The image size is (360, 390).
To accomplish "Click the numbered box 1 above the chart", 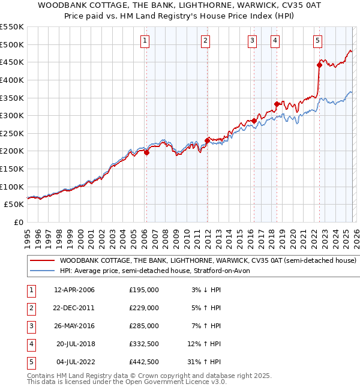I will pos(146,41).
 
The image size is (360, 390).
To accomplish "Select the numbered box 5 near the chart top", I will pos(317,41).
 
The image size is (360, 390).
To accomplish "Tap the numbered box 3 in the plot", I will pos(252,41).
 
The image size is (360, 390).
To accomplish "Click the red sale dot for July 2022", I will pos(319,65).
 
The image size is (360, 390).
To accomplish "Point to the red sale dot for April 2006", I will pos(146,152).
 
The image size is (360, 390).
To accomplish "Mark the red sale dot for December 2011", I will pos(207,140).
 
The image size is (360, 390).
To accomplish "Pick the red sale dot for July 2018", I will pos(277,104).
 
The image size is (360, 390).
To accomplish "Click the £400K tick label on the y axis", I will pos(12,80).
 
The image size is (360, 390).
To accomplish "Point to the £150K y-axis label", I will pos(12,169).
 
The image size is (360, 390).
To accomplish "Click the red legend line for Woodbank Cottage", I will pos(42,261).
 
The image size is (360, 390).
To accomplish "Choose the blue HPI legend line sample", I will pos(42,271).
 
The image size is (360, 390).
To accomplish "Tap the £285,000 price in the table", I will pos(144,326).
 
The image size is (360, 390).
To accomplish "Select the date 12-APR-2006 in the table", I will pos(74,290).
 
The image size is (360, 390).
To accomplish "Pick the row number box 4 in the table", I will pos(30,344).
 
